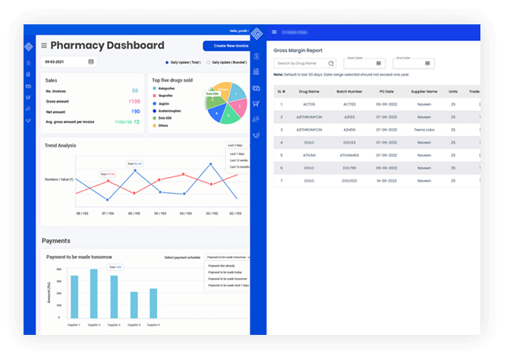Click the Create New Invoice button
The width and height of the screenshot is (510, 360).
[x=225, y=46]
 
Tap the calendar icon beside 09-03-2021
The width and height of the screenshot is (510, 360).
[x=91, y=62]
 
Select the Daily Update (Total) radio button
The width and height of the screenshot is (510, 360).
[x=167, y=62]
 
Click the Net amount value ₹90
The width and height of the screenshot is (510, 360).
[x=136, y=112]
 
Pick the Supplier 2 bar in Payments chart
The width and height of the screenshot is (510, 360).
[x=94, y=297]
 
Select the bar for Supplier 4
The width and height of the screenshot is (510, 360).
[x=134, y=308]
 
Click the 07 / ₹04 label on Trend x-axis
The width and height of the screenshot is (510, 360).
[x=107, y=213]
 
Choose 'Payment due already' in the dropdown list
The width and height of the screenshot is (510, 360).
[x=222, y=267]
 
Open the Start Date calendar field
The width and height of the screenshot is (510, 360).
[x=366, y=64]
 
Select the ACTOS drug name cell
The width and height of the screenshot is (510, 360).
[x=309, y=104]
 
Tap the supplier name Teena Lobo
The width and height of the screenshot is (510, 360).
[x=424, y=129]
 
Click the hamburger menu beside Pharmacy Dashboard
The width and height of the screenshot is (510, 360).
[x=44, y=46]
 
